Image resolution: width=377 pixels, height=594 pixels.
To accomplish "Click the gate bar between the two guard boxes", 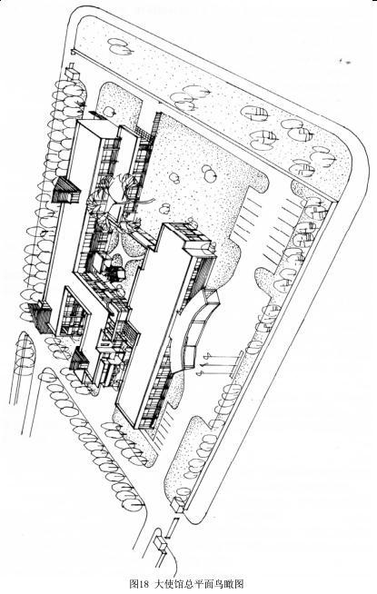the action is tap(172, 528).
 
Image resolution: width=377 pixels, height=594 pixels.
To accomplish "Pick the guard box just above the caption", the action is tap(161, 544).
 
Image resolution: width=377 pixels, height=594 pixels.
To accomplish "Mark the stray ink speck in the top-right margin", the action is tap(346, 62).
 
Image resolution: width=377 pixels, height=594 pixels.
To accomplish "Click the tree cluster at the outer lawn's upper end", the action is tap(121, 46).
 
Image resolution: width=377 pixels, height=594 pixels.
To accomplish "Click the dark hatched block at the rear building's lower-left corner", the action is tap(41, 317).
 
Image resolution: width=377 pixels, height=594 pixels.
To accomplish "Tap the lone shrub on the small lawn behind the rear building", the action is tap(109, 112).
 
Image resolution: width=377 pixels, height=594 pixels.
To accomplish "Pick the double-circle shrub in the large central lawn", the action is tap(208, 173).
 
